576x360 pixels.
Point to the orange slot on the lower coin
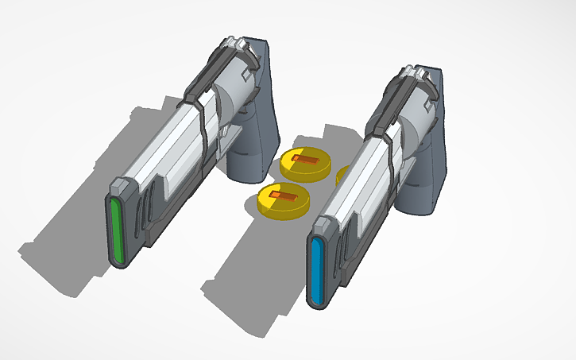(285, 195)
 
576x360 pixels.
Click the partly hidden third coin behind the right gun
(342, 174)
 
